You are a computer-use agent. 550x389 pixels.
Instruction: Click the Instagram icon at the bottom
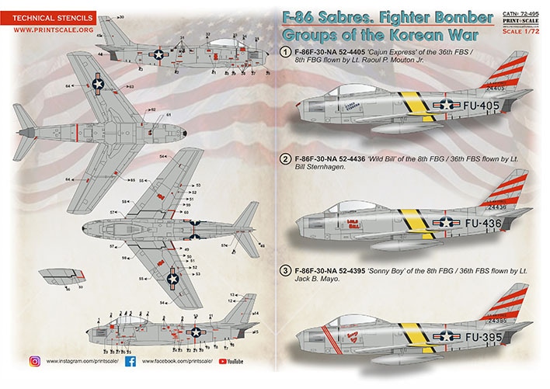(35, 361)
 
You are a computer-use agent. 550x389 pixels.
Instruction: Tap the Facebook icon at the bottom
(130, 361)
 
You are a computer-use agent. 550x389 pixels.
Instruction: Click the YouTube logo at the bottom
(231, 361)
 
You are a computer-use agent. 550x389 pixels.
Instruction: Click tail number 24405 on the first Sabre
(497, 89)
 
